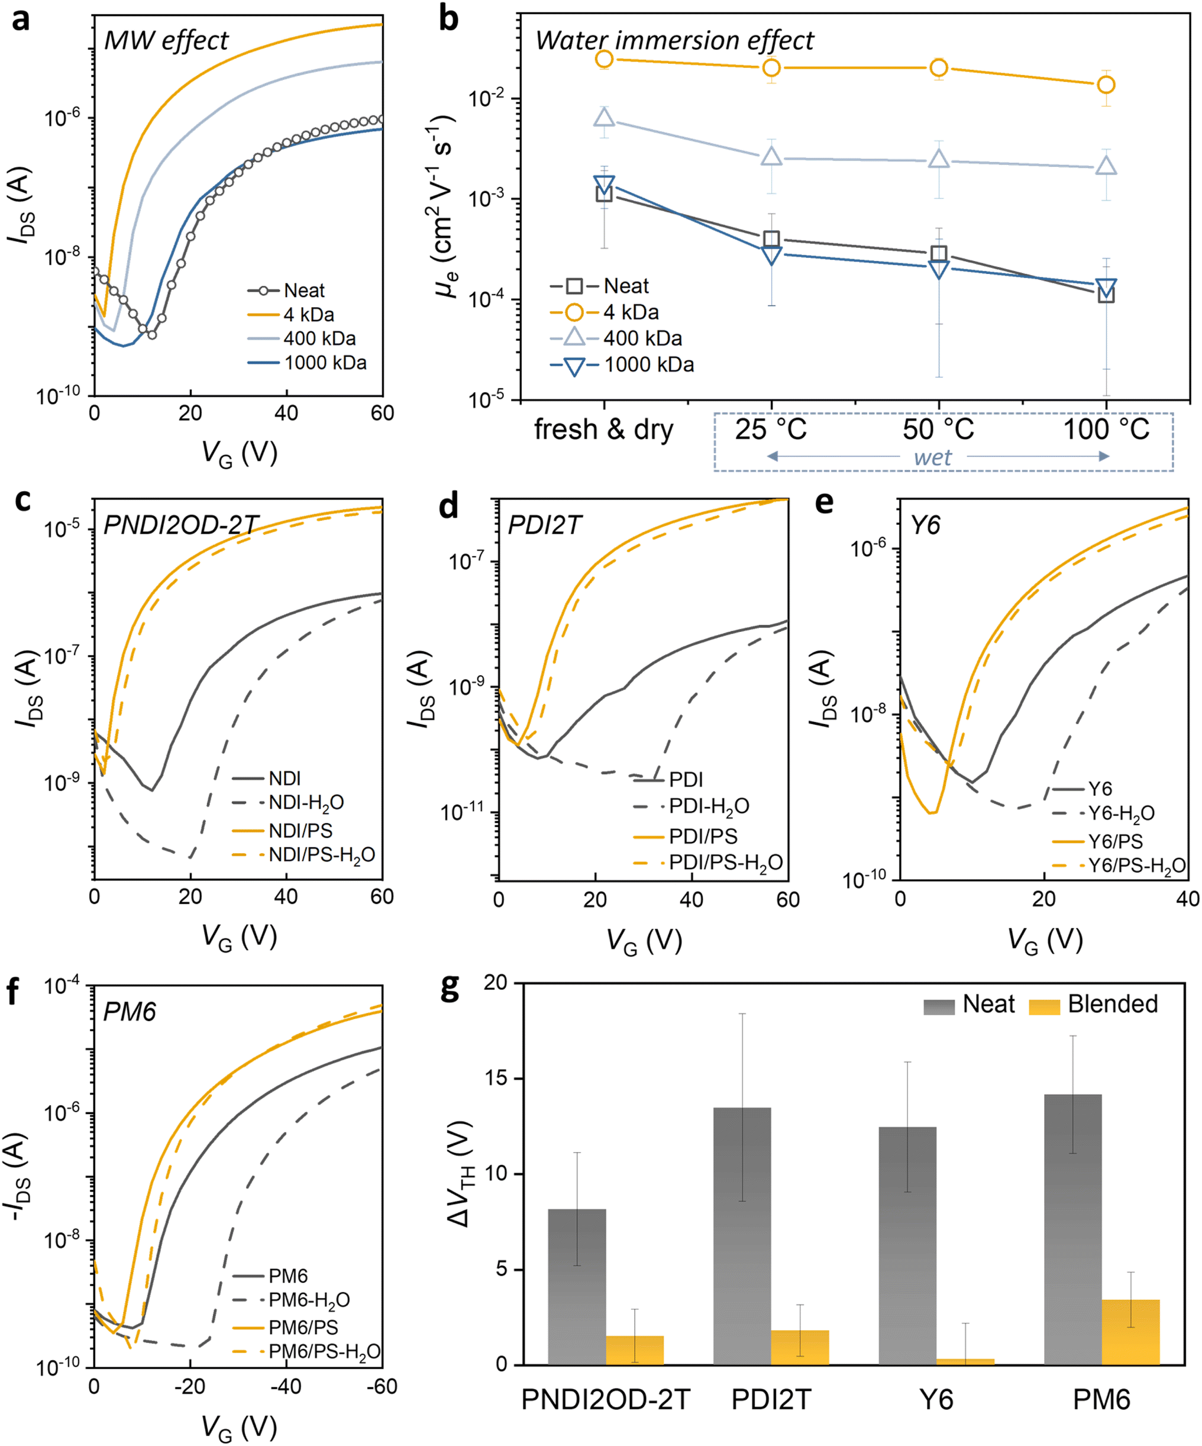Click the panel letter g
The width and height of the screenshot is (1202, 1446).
tap(450, 989)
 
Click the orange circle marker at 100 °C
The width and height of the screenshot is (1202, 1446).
tap(1106, 85)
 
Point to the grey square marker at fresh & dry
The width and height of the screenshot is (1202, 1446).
tap(604, 193)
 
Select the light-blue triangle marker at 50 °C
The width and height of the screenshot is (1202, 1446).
tap(938, 159)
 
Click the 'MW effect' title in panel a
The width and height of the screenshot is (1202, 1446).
tap(166, 41)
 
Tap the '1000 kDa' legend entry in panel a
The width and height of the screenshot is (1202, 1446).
tap(325, 363)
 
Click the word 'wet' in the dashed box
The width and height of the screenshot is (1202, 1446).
tap(932, 457)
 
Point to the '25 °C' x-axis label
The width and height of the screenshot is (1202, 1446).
tap(770, 430)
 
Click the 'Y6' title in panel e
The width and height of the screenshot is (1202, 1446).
tap(925, 525)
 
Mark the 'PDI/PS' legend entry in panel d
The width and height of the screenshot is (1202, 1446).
tap(703, 836)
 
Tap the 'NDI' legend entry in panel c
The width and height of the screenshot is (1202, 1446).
tap(285, 778)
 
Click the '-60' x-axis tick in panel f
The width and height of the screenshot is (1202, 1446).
tap(381, 1386)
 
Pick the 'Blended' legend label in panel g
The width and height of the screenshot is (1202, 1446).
tap(1113, 1004)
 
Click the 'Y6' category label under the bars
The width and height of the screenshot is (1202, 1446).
tap(936, 1400)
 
